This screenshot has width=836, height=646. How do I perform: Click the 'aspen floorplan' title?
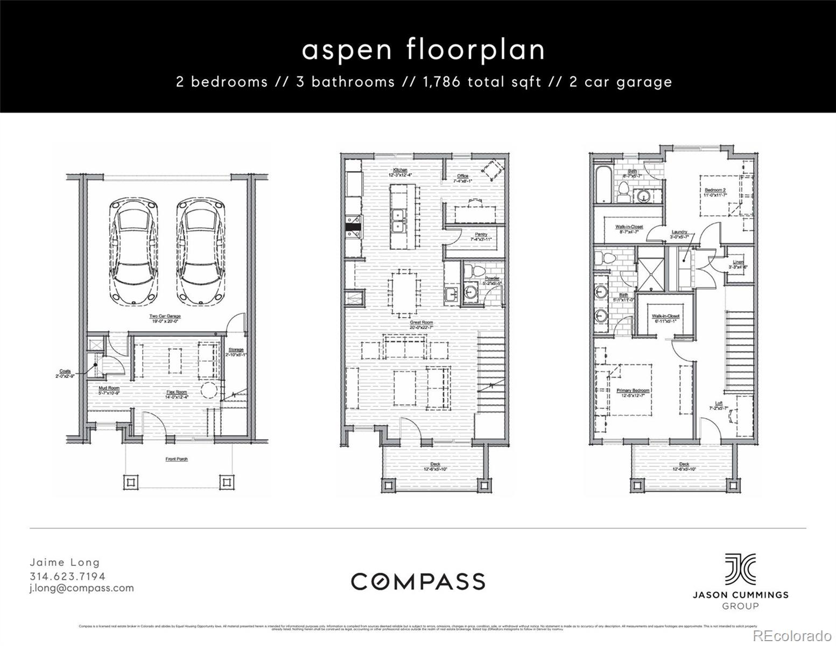423,50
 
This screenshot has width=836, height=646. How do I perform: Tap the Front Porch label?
176,459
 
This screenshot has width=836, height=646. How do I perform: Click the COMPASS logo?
418,581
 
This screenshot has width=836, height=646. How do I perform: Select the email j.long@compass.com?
81,588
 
